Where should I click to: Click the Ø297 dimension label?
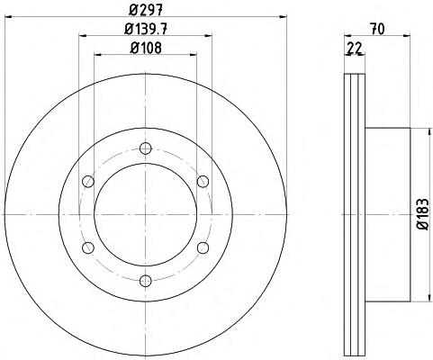point(146,10)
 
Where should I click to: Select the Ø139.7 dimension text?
point(146,29)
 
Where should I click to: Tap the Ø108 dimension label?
point(146,48)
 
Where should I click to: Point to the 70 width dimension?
point(377,30)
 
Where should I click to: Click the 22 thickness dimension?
point(354,48)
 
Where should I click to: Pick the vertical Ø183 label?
point(423,214)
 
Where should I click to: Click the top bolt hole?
point(146,148)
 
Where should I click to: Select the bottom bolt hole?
point(146,281)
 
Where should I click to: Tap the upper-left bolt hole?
point(88,182)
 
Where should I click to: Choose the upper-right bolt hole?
point(203,182)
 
